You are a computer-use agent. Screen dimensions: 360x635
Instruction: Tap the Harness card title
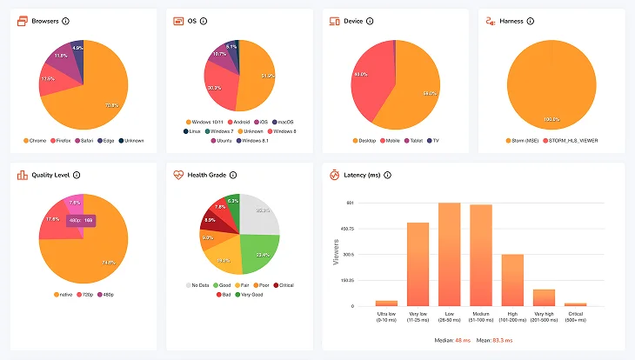pos(511,21)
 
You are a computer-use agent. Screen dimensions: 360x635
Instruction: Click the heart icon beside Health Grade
pos(178,175)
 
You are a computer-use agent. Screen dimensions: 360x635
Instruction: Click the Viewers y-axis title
pos(337,252)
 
